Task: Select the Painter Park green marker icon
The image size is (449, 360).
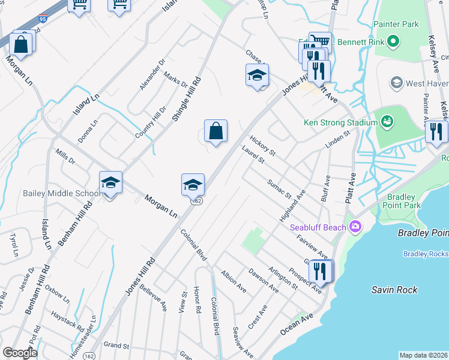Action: pyautogui.click(x=393, y=41)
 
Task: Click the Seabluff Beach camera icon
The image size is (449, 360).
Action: pyautogui.click(x=355, y=227)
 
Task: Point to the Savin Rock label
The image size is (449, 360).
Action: pyautogui.click(x=394, y=290)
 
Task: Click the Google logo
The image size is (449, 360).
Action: pyautogui.click(x=20, y=353)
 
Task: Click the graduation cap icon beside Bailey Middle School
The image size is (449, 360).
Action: pyautogui.click(x=110, y=183)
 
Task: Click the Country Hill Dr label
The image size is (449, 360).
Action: pyautogui.click(x=150, y=122)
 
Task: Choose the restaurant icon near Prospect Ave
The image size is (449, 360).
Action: pyautogui.click(x=321, y=271)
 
